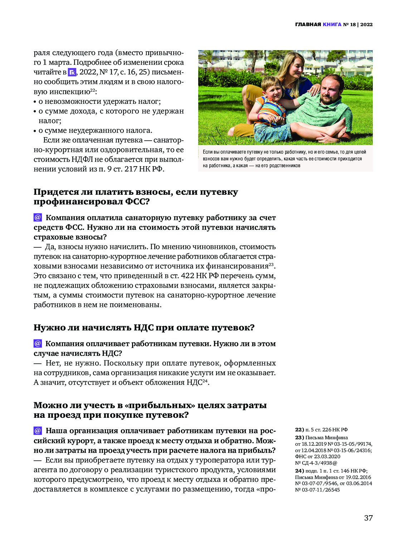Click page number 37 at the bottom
(368, 518)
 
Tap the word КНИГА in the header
(332, 24)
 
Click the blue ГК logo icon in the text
(72, 72)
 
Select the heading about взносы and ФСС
(136, 197)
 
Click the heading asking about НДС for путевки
(144, 328)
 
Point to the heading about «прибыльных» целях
(150, 410)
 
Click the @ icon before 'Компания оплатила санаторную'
(38, 218)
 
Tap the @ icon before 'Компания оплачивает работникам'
(38, 344)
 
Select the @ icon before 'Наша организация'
(38, 431)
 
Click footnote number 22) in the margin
(299, 430)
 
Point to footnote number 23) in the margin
(299, 437)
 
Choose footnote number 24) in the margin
(299, 471)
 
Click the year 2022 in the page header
(366, 24)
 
